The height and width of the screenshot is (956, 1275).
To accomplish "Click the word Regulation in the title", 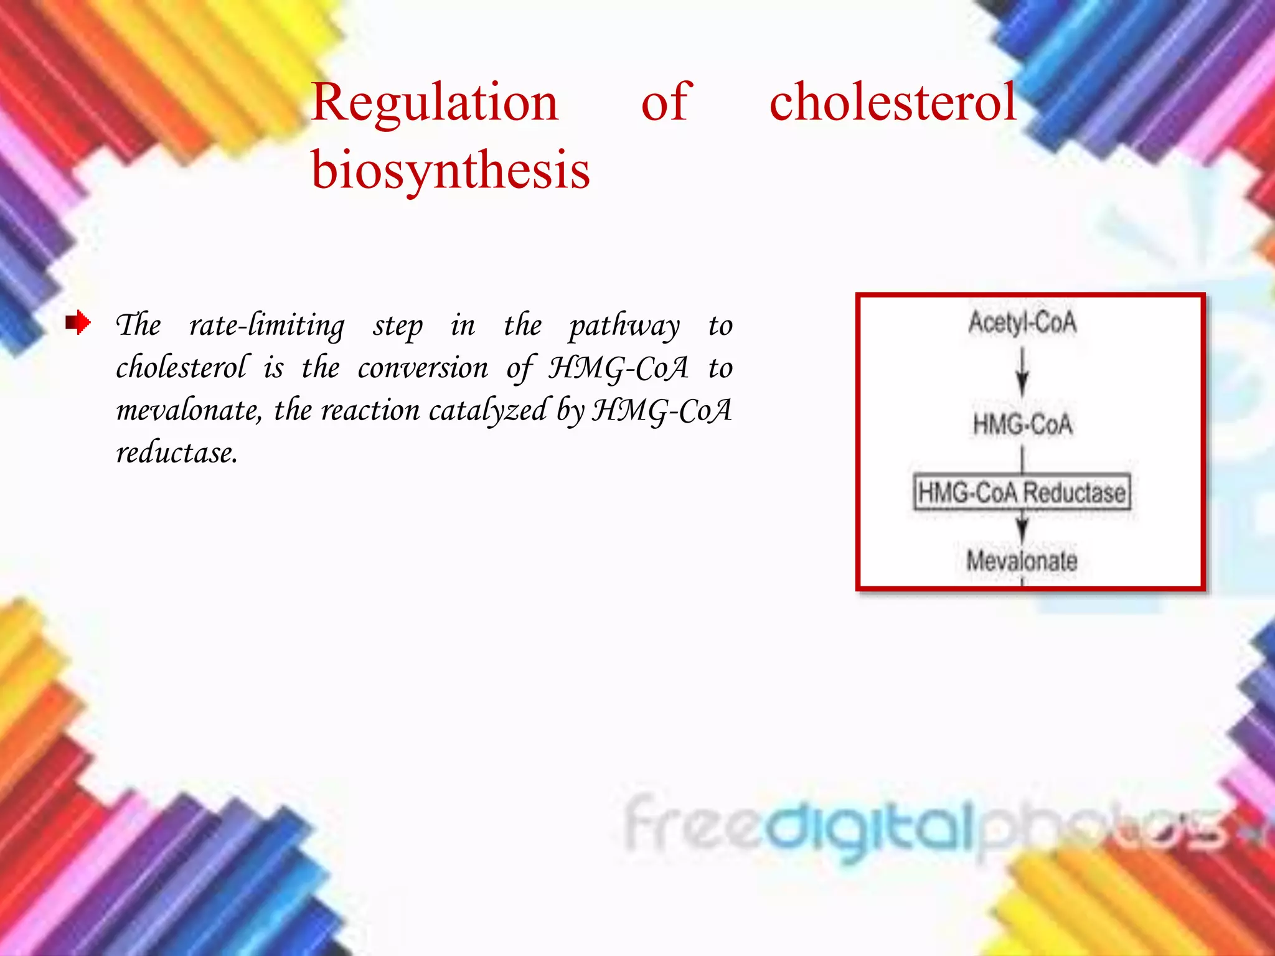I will [x=434, y=103].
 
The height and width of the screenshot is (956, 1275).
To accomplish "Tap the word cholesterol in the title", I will [x=892, y=103].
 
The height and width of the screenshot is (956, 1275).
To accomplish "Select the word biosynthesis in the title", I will [x=450, y=171].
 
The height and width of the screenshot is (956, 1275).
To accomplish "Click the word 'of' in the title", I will [x=666, y=103].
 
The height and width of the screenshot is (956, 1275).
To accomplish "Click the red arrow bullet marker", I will [x=78, y=322].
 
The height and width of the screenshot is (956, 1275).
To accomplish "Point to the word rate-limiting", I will [x=266, y=326].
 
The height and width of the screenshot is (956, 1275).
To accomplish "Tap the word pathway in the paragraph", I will [x=624, y=326].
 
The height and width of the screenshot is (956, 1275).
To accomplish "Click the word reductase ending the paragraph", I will [x=176, y=453].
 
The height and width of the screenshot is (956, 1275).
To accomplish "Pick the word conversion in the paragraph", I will [x=423, y=368].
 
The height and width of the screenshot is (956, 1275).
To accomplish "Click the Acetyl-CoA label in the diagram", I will [x=1022, y=322].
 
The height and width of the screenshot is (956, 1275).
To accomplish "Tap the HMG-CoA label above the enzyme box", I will [x=1022, y=424].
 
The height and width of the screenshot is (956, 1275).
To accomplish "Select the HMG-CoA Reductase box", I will [x=1022, y=492].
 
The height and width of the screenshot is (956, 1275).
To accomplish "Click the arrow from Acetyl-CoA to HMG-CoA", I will [x=1022, y=372].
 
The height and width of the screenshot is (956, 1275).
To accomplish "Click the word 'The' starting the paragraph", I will [x=138, y=326].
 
